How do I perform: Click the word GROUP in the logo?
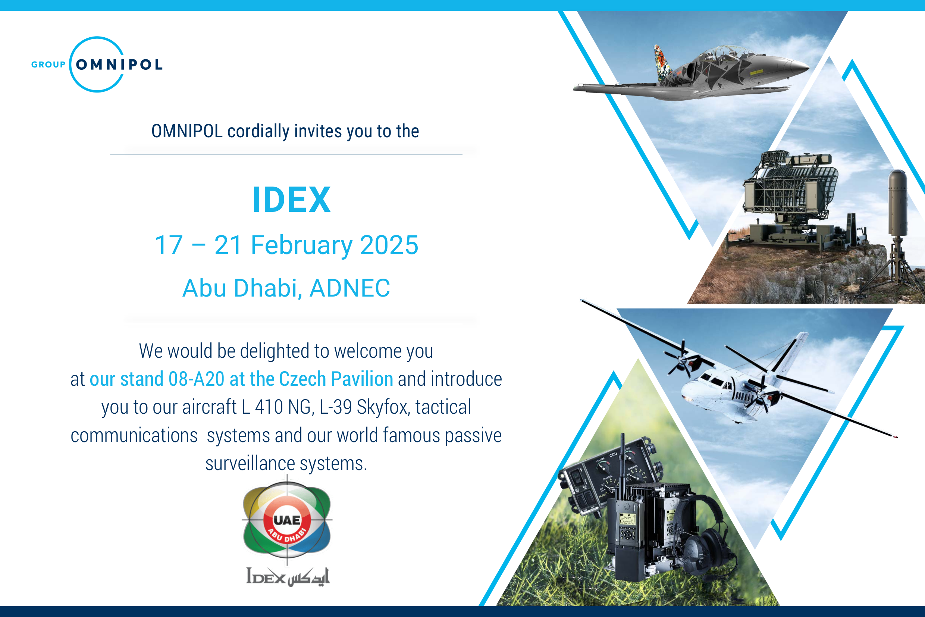point(48,65)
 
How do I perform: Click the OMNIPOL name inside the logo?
point(119,65)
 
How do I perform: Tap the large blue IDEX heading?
point(291,200)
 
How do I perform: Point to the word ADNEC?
point(350,288)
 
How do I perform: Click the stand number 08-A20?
point(196,379)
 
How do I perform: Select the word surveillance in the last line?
point(250,464)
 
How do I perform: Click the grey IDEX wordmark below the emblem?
point(266,576)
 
